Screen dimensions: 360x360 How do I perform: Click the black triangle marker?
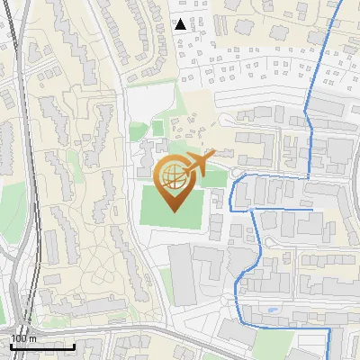[x=181, y=24]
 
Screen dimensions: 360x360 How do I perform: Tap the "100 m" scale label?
[x=23, y=338]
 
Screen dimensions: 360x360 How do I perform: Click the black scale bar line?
[x=42, y=346]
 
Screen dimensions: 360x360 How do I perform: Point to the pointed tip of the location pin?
[x=174, y=211]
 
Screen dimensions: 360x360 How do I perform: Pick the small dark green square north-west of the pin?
[x=158, y=128]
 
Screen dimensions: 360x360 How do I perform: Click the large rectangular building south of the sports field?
[x=183, y=274]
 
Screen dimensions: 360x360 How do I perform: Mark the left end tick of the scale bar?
[x=11, y=345]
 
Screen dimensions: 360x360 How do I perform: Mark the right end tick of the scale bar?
[x=75, y=345]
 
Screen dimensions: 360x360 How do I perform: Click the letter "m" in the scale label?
[x=32, y=338]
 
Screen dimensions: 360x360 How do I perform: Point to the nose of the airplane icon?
[x=215, y=155]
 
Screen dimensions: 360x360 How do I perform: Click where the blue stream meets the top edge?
[x=343, y=2]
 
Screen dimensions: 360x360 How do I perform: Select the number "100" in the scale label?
[x=19, y=338]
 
